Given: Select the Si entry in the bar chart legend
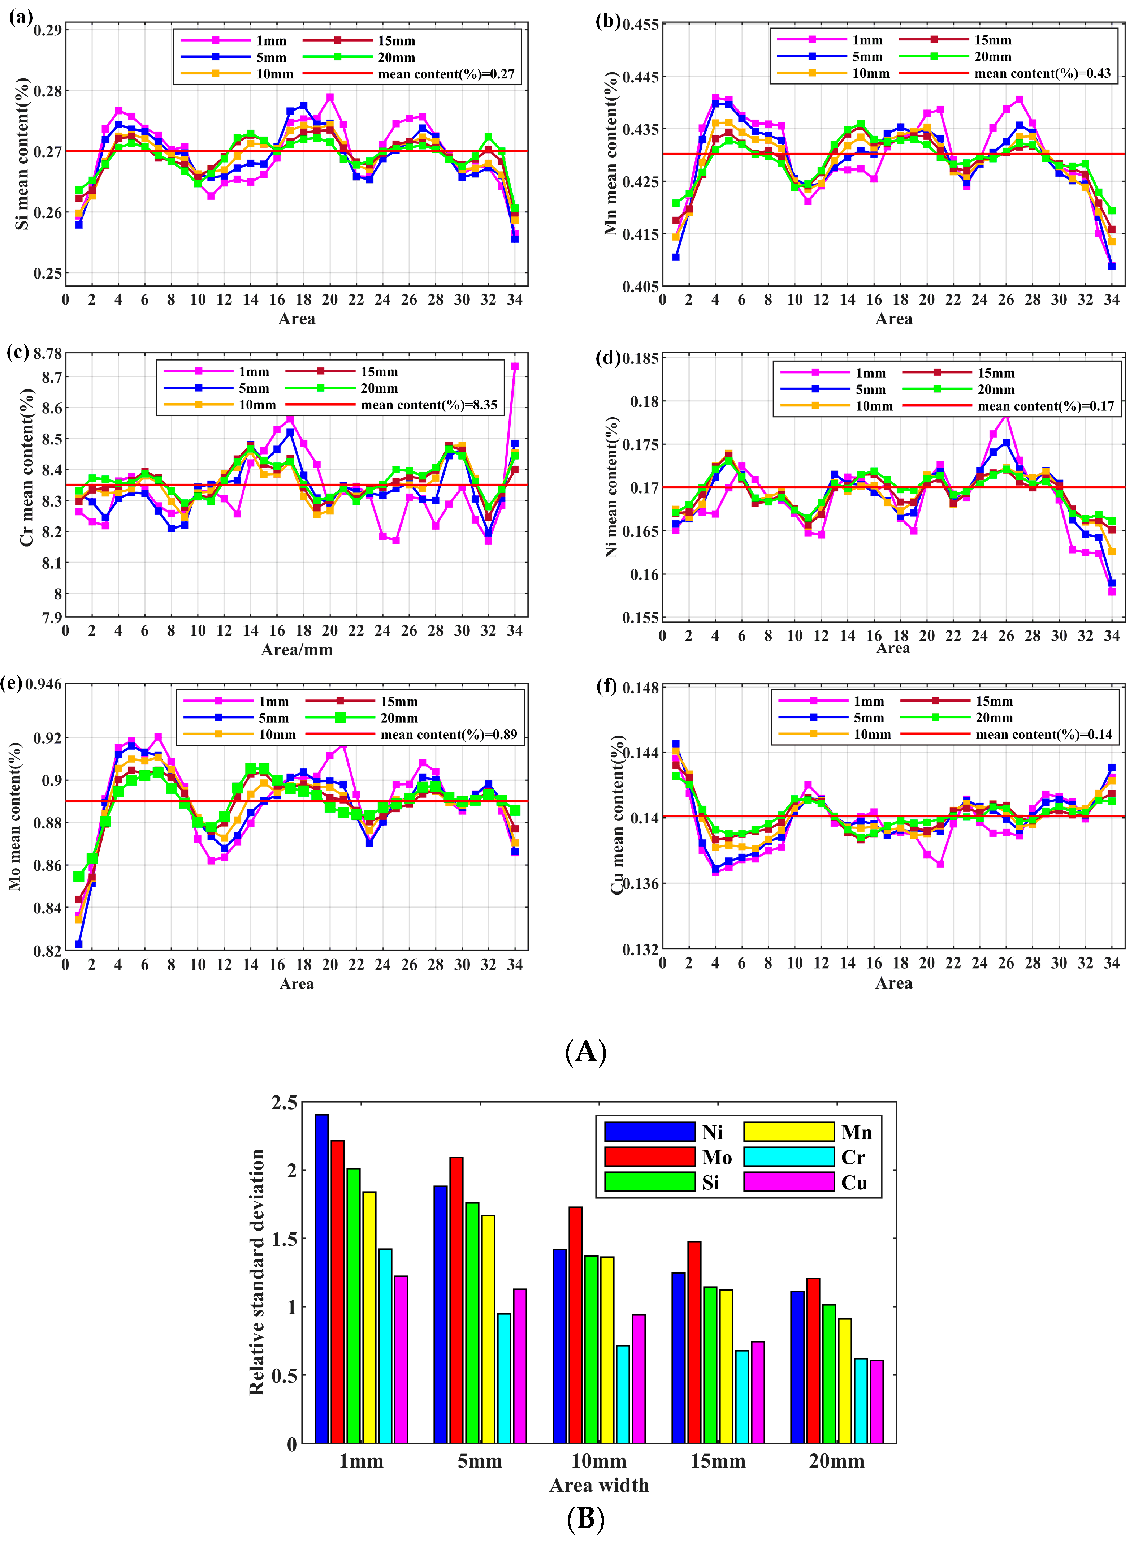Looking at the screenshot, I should click(x=710, y=1182).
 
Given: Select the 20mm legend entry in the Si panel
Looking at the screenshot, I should click(x=396, y=58).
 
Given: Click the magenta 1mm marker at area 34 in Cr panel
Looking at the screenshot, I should click(x=515, y=367).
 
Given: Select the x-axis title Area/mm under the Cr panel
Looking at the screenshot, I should click(x=297, y=650).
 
